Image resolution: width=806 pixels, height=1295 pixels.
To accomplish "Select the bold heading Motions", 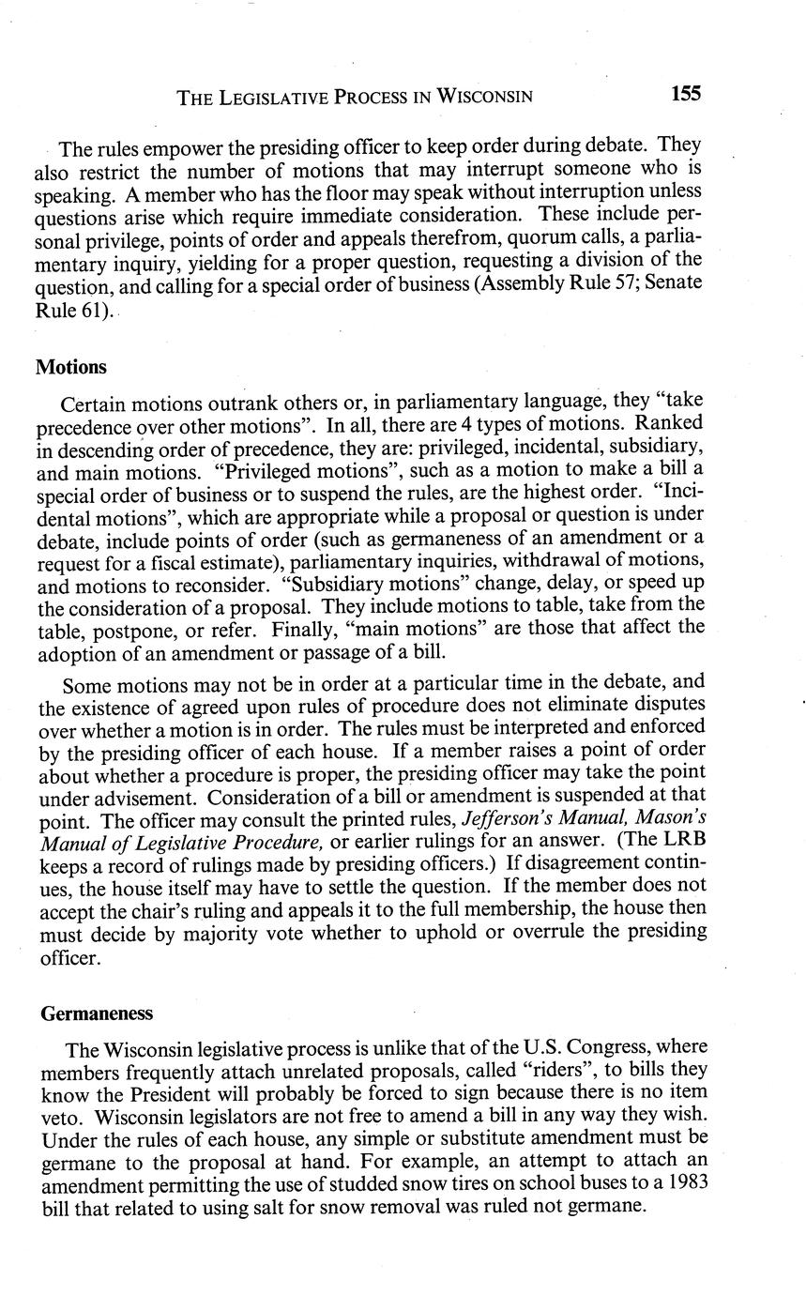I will click(x=71, y=367).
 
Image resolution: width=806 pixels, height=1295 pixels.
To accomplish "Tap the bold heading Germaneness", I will click(x=97, y=1013).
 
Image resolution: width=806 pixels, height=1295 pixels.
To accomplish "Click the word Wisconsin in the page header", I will click(x=486, y=96).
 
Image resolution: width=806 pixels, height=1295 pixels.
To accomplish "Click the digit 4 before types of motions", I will click(x=456, y=424).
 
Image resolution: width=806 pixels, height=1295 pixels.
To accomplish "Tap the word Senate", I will click(x=668, y=282).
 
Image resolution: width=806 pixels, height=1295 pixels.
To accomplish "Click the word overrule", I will click(x=576, y=931).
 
